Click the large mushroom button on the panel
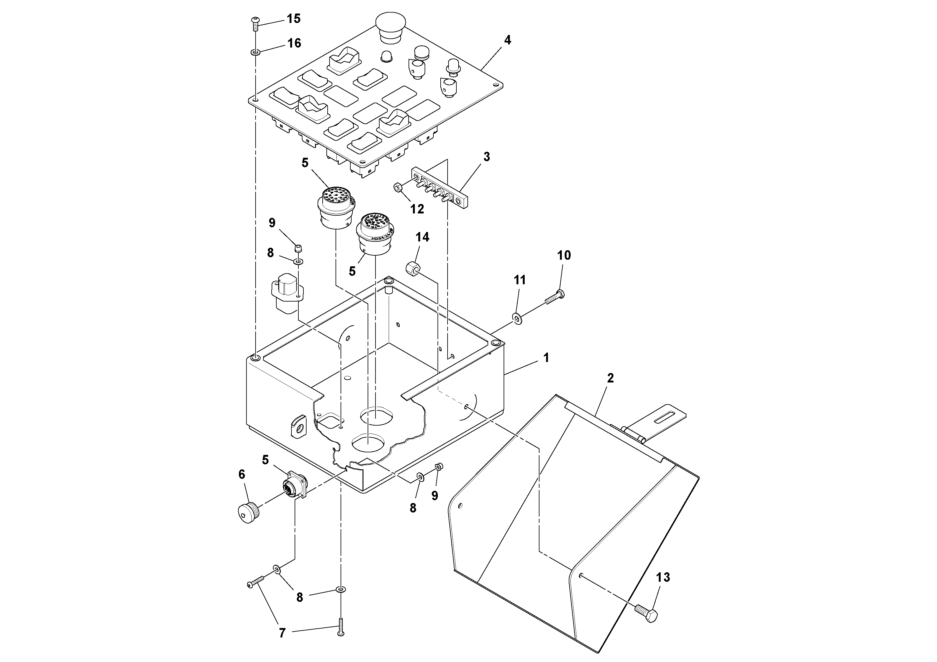[x=391, y=25]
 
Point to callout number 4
[x=507, y=40]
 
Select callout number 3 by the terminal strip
[x=487, y=157]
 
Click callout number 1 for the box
[x=546, y=358]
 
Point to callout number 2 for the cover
[x=610, y=378]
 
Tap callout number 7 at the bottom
[x=282, y=633]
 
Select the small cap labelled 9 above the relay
[x=299, y=248]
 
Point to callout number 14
[x=422, y=237]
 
